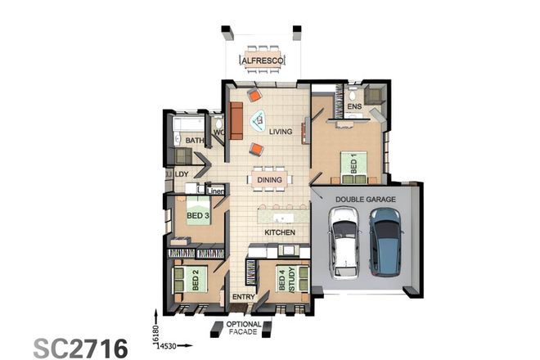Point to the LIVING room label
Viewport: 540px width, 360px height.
tap(281, 131)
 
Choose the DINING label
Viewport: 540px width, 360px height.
tap(270, 180)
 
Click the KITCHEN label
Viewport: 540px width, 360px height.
tap(279, 233)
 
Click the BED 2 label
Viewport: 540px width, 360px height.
tap(196, 282)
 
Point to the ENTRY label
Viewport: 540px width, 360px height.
tap(243, 297)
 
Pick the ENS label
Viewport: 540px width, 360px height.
tap(354, 106)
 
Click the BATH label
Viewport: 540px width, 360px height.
tap(195, 141)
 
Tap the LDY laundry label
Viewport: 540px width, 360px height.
tap(182, 174)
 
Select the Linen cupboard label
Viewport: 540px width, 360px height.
tap(216, 191)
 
